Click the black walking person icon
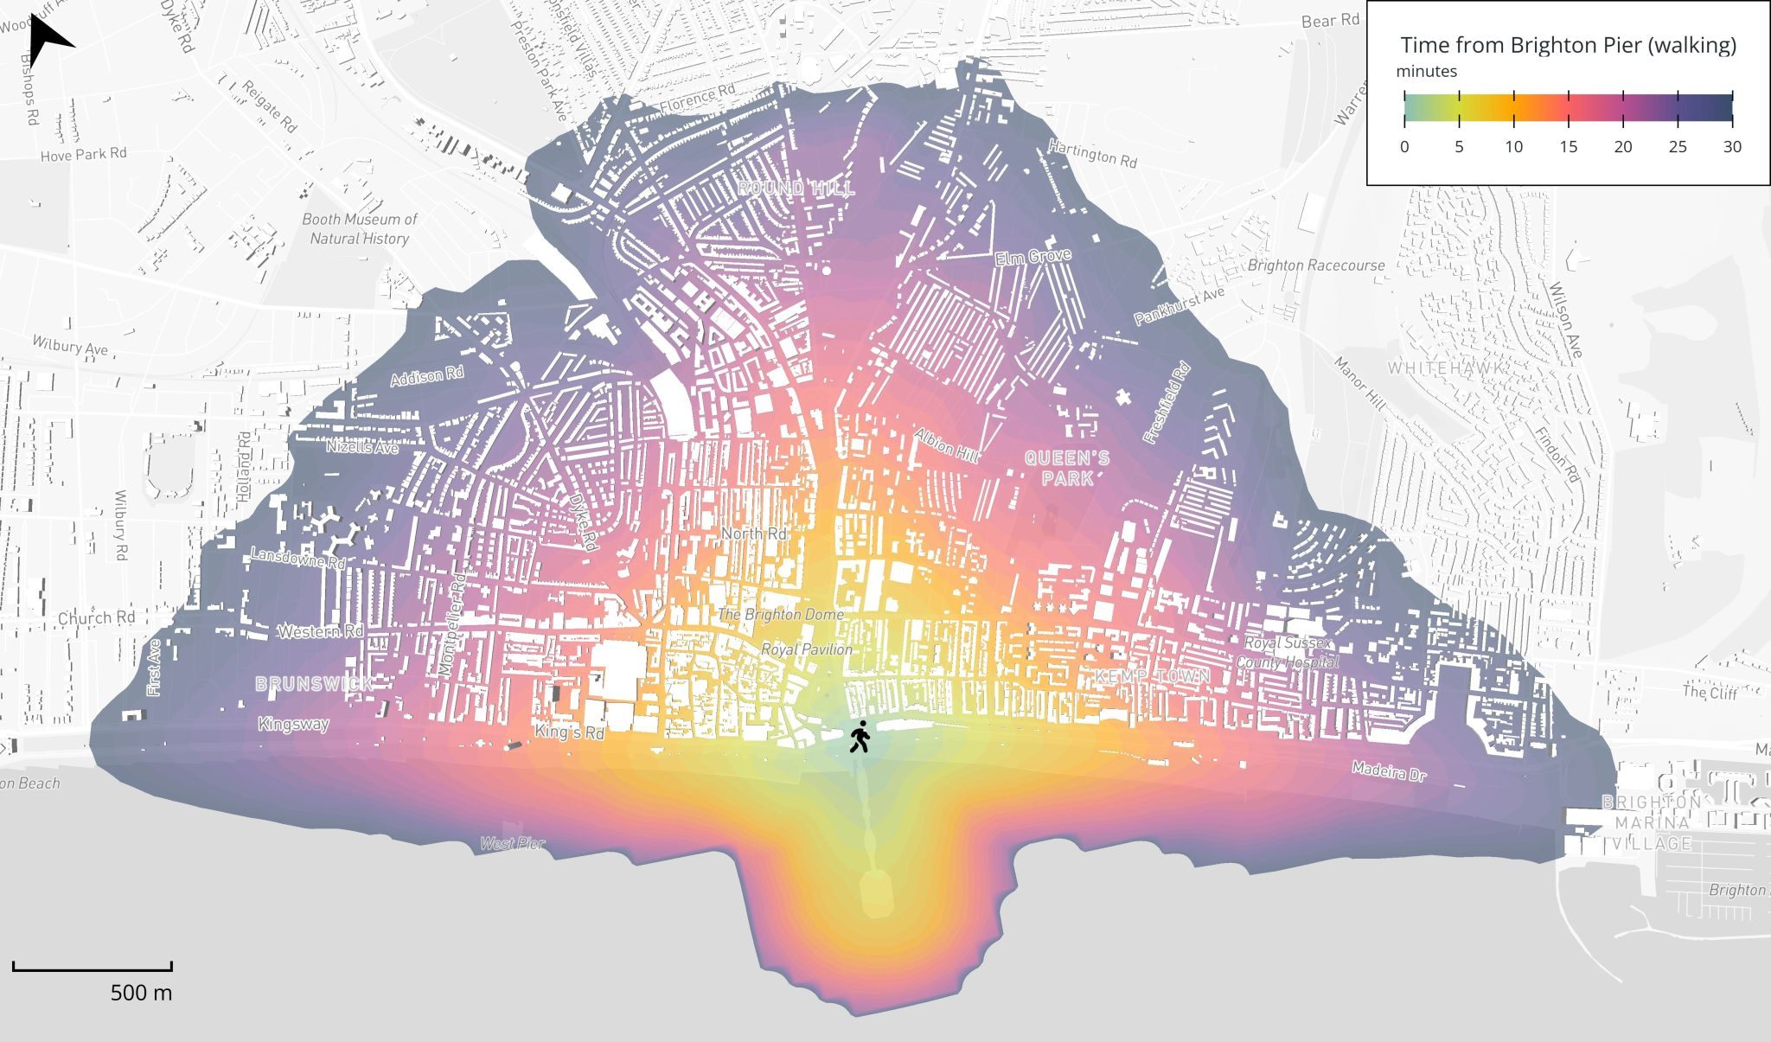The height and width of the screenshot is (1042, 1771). click(x=859, y=737)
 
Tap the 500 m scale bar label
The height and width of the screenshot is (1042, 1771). click(x=141, y=993)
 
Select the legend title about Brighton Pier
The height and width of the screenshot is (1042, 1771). click(x=1568, y=45)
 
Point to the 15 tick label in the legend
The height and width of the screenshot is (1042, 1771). click(x=1568, y=147)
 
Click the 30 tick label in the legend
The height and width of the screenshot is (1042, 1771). click(x=1731, y=147)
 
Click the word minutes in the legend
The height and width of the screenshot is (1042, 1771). click(x=1426, y=72)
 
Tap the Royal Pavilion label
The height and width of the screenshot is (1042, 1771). click(x=806, y=649)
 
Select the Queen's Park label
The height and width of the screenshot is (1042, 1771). click(x=1067, y=468)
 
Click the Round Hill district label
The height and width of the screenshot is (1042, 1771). click(x=796, y=188)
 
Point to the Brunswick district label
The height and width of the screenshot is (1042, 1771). click(x=314, y=684)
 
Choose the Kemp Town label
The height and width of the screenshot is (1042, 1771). click(x=1152, y=676)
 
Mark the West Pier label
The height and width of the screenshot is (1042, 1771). click(x=513, y=843)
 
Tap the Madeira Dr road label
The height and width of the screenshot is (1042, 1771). click(x=1389, y=770)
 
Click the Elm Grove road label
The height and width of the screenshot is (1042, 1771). click(x=1033, y=257)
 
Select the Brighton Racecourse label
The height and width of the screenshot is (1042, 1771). click(x=1315, y=265)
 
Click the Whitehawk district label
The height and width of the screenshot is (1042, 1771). click(x=1444, y=368)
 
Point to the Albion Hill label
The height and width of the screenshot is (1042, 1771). click(x=946, y=444)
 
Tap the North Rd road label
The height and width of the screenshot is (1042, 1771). click(x=754, y=534)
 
